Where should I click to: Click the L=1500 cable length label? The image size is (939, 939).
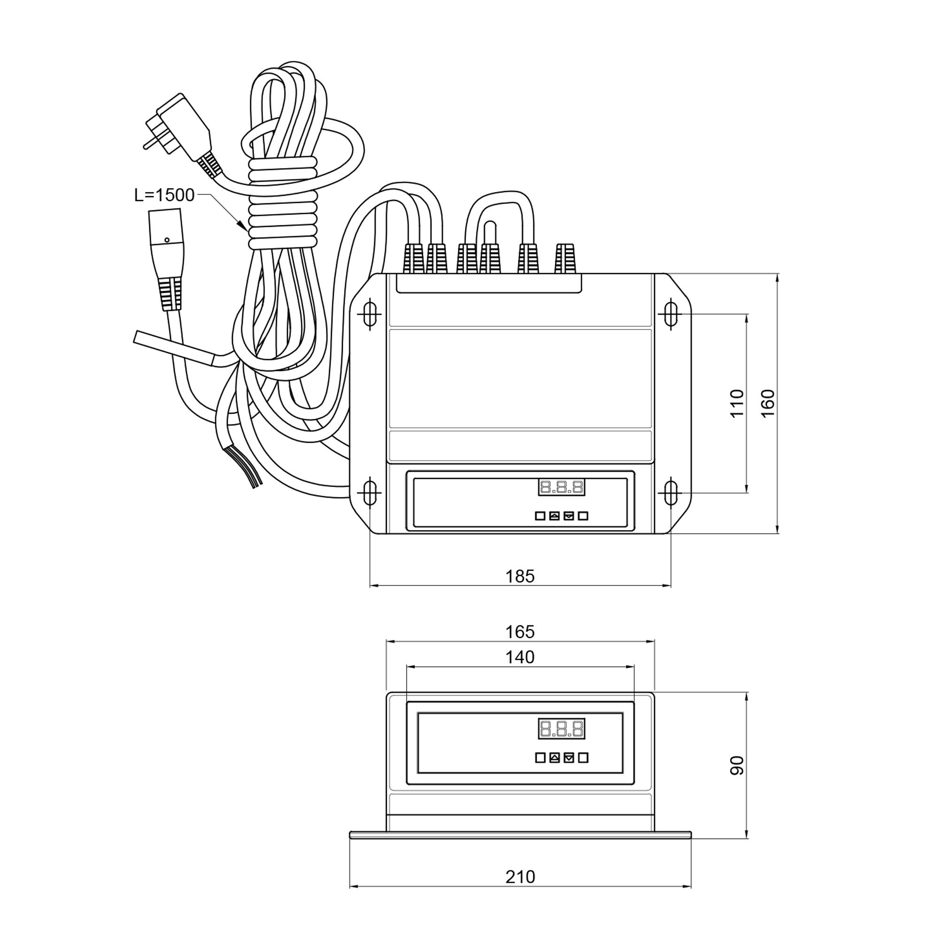tap(164, 195)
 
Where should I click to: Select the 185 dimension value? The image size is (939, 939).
tap(520, 577)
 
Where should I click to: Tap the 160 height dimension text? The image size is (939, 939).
tap(768, 403)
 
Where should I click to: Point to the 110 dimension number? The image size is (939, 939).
tap(737, 403)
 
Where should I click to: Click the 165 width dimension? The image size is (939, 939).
tap(520, 632)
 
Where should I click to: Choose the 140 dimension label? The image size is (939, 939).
tap(520, 658)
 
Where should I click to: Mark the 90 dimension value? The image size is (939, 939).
tap(737, 765)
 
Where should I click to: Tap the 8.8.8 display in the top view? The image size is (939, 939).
tap(562, 487)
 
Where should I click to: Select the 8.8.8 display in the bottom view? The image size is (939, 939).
tap(562, 729)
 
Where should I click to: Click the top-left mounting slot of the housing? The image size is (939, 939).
tap(369, 315)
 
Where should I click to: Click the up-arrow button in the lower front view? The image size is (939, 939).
tap(554, 758)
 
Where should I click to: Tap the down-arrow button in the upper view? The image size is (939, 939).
tap(569, 516)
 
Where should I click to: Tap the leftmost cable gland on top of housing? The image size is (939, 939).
tap(414, 259)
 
